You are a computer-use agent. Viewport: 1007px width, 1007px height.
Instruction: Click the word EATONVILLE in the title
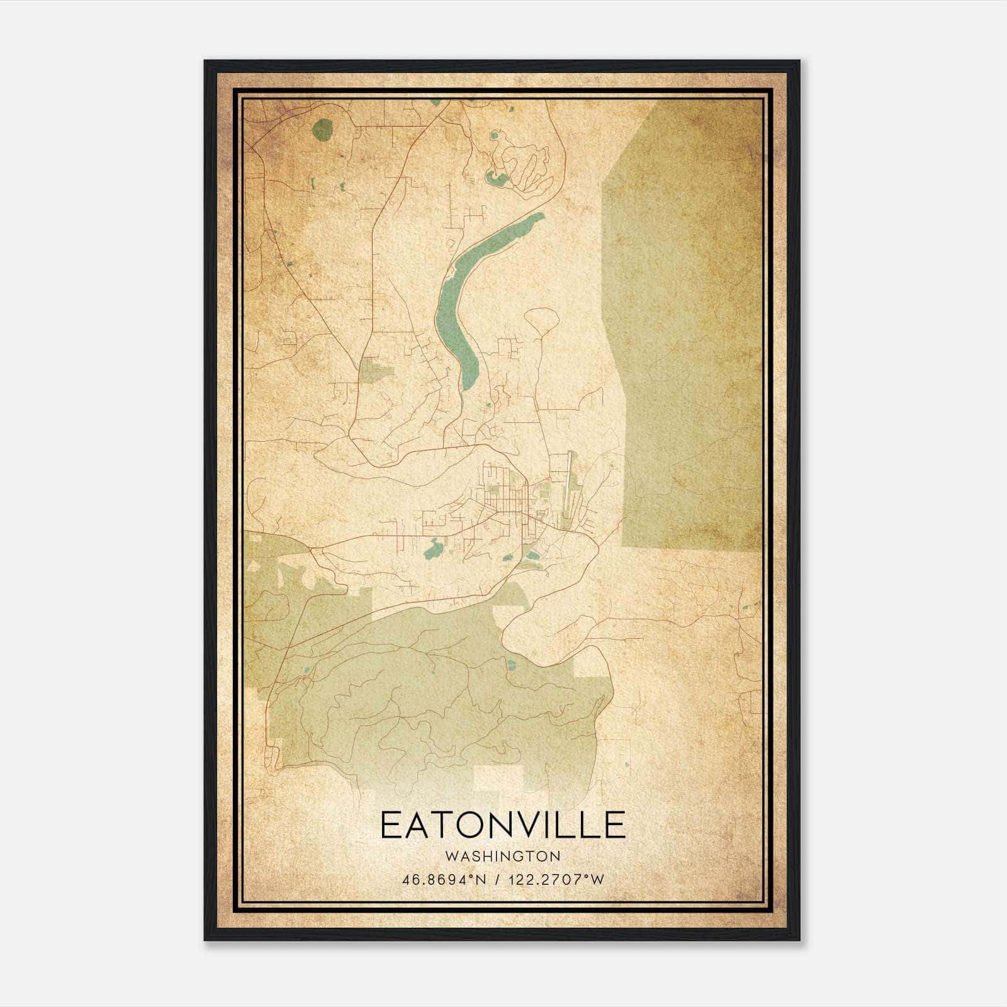coord(503,825)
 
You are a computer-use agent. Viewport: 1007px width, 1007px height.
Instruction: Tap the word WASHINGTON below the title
coord(503,857)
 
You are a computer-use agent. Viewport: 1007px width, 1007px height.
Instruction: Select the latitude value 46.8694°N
coord(444,880)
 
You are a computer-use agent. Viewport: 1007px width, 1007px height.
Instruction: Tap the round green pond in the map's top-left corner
coord(322,130)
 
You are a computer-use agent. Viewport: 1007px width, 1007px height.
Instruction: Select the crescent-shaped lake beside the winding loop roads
coord(497,180)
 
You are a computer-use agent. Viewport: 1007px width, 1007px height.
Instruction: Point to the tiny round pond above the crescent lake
coord(494,135)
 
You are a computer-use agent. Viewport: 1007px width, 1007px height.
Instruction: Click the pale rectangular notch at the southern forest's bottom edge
coord(498,778)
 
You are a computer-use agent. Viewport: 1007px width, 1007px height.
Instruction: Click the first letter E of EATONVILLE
coord(390,825)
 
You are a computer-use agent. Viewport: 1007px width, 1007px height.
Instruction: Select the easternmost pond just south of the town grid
coord(532,556)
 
